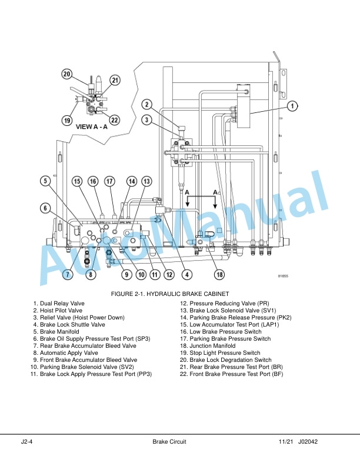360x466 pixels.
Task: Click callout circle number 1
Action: pyautogui.click(x=292, y=106)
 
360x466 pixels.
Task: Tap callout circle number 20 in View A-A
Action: pyautogui.click(x=67, y=74)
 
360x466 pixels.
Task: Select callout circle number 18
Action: pyautogui.click(x=219, y=274)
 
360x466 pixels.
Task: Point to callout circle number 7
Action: pyautogui.click(x=68, y=274)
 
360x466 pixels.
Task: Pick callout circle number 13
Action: pyautogui.click(x=146, y=181)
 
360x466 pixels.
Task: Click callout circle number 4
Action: pyautogui.click(x=187, y=274)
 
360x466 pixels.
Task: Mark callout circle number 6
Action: pyautogui.click(x=45, y=208)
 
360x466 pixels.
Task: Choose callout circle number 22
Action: pyautogui.click(x=114, y=120)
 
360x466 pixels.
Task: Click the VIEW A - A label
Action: pyautogui.click(x=92, y=127)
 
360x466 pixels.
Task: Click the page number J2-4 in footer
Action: pyautogui.click(x=26, y=442)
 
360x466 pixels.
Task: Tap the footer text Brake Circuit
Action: pyautogui.click(x=169, y=442)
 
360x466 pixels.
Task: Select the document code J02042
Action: pyautogui.click(x=308, y=442)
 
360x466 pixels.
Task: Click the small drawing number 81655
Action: pyautogui.click(x=283, y=276)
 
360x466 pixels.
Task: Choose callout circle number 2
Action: pyautogui.click(x=146, y=104)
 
